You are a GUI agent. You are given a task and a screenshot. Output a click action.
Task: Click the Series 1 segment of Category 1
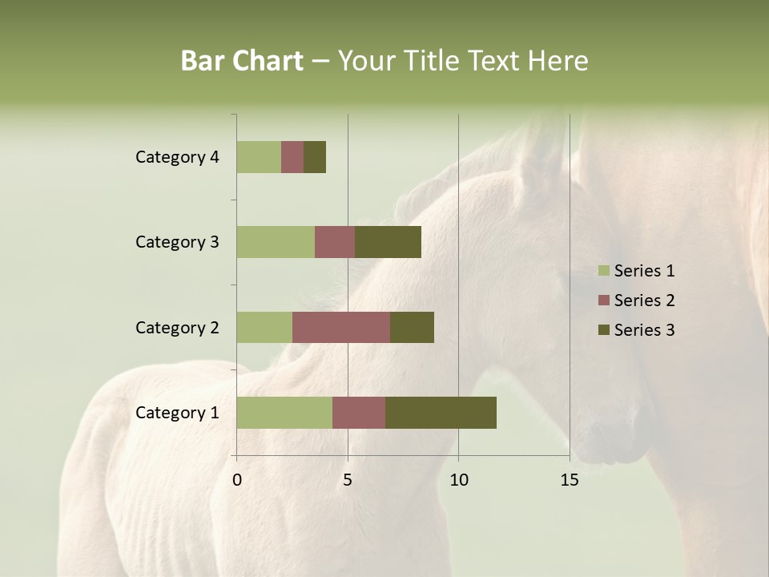[284, 413]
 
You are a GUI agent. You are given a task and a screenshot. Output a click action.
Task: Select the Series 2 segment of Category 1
[359, 413]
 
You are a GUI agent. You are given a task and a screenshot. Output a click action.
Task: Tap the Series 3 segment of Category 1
[441, 413]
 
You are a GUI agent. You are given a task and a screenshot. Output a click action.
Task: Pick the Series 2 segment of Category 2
[341, 327]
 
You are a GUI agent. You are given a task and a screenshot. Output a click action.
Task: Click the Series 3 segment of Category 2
[412, 327]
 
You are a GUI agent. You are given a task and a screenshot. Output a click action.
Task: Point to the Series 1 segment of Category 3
[276, 242]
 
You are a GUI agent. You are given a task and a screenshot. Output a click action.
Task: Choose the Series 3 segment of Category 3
[388, 242]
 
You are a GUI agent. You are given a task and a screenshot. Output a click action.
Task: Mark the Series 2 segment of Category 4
[292, 157]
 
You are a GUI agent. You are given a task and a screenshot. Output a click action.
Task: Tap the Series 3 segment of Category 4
[315, 157]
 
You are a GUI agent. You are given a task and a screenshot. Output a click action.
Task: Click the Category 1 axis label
[177, 413]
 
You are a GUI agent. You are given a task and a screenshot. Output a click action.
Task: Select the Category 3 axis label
[177, 242]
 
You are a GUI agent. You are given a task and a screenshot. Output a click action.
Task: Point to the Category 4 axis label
[177, 157]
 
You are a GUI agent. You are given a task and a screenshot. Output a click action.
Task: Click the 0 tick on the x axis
[237, 480]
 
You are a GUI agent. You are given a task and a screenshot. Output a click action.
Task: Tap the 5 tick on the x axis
[348, 480]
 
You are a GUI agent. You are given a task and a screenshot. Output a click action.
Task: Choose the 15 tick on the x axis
[570, 480]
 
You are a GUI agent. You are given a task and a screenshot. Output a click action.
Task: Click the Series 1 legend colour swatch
[603, 271]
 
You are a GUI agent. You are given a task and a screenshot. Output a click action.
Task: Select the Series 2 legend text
[644, 301]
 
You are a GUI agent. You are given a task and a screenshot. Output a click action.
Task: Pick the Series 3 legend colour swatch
[603, 330]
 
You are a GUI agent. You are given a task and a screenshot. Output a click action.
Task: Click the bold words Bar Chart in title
[242, 61]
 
